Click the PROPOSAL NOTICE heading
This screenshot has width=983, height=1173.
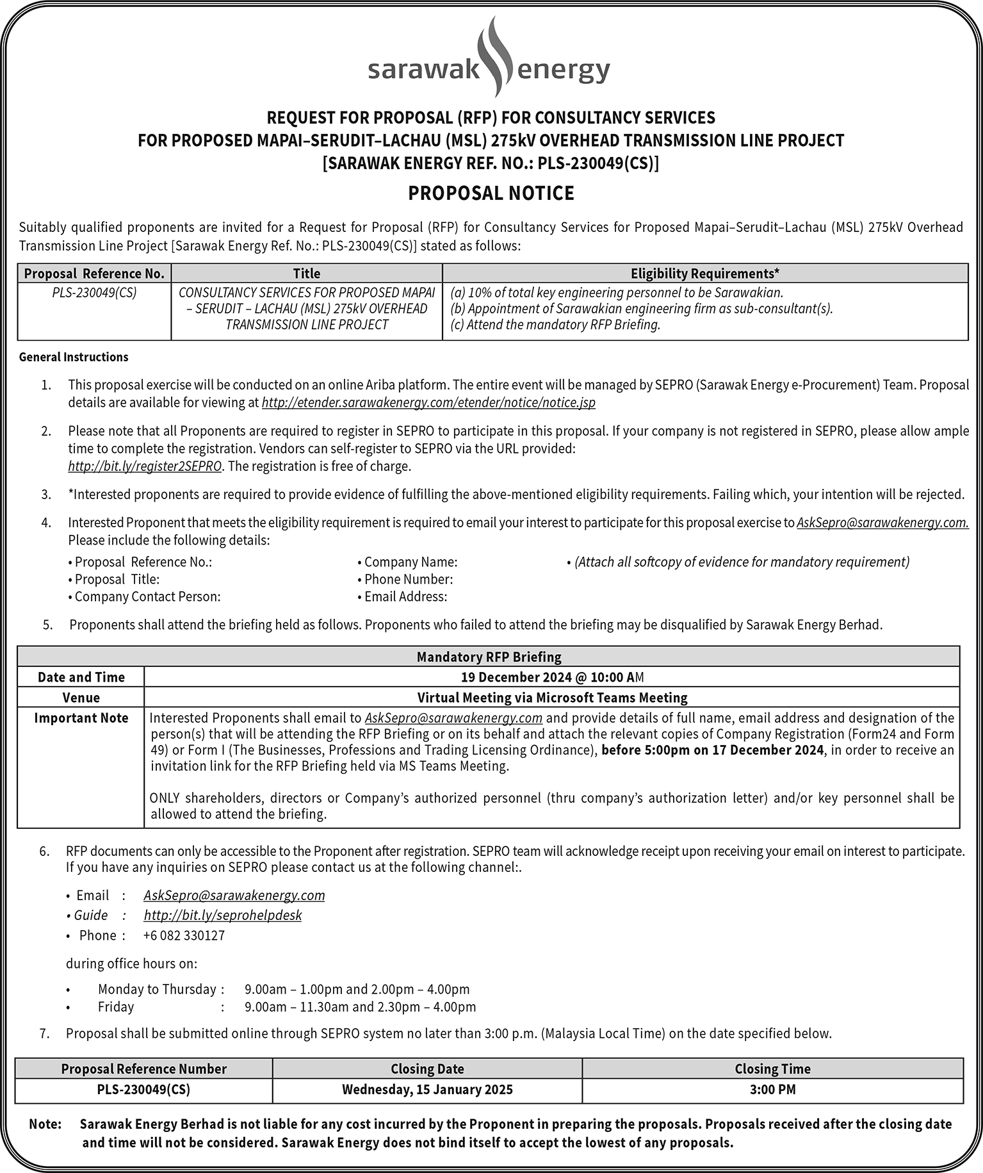pyautogui.click(x=491, y=193)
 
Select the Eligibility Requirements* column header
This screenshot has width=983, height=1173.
pyautogui.click(x=705, y=274)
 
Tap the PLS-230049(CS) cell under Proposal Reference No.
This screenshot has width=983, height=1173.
pyautogui.click(x=94, y=293)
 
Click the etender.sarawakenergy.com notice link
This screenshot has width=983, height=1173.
pyautogui.click(x=428, y=403)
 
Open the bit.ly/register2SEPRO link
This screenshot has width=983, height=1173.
pyautogui.click(x=145, y=466)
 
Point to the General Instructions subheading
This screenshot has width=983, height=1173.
pyautogui.click(x=74, y=357)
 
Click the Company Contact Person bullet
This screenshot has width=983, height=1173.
pyautogui.click(x=147, y=596)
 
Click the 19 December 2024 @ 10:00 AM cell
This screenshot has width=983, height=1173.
pyautogui.click(x=552, y=677)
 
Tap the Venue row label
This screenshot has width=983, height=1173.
pyautogui.click(x=81, y=697)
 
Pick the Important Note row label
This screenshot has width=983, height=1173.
pyautogui.click(x=81, y=718)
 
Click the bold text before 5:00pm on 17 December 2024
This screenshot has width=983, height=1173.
pyautogui.click(x=712, y=750)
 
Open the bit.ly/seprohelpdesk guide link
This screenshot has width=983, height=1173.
pyautogui.click(x=223, y=915)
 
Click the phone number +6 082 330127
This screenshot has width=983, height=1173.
pyautogui.click(x=184, y=935)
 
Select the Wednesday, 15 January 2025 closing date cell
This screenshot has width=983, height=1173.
pyautogui.click(x=427, y=1089)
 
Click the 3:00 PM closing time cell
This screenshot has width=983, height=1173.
pyautogui.click(x=772, y=1089)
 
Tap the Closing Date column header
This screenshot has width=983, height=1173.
pyautogui.click(x=427, y=1069)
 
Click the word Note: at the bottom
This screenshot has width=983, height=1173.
pyautogui.click(x=45, y=1124)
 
